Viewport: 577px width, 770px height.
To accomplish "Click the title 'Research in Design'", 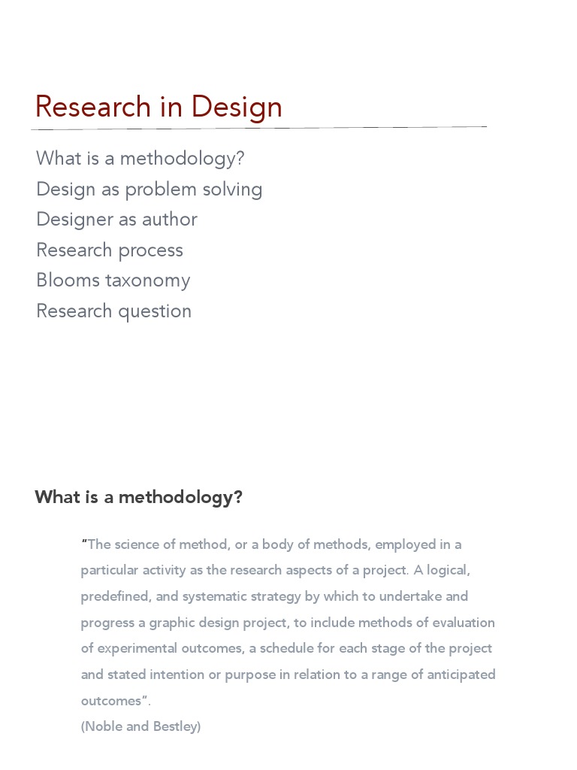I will click(x=159, y=107).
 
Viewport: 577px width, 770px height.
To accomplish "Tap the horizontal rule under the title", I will click(x=259, y=127).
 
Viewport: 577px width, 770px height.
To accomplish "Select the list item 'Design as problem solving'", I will click(x=150, y=189).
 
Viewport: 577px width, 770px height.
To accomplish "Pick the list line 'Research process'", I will click(x=110, y=250).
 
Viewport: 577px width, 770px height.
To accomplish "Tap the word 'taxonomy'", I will click(x=148, y=281).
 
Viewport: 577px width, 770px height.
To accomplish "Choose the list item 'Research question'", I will click(x=114, y=311).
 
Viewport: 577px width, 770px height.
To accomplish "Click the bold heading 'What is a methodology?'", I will click(x=139, y=497).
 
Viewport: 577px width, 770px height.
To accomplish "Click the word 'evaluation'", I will click(x=463, y=623).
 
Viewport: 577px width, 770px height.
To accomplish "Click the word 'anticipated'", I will click(x=461, y=675).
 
